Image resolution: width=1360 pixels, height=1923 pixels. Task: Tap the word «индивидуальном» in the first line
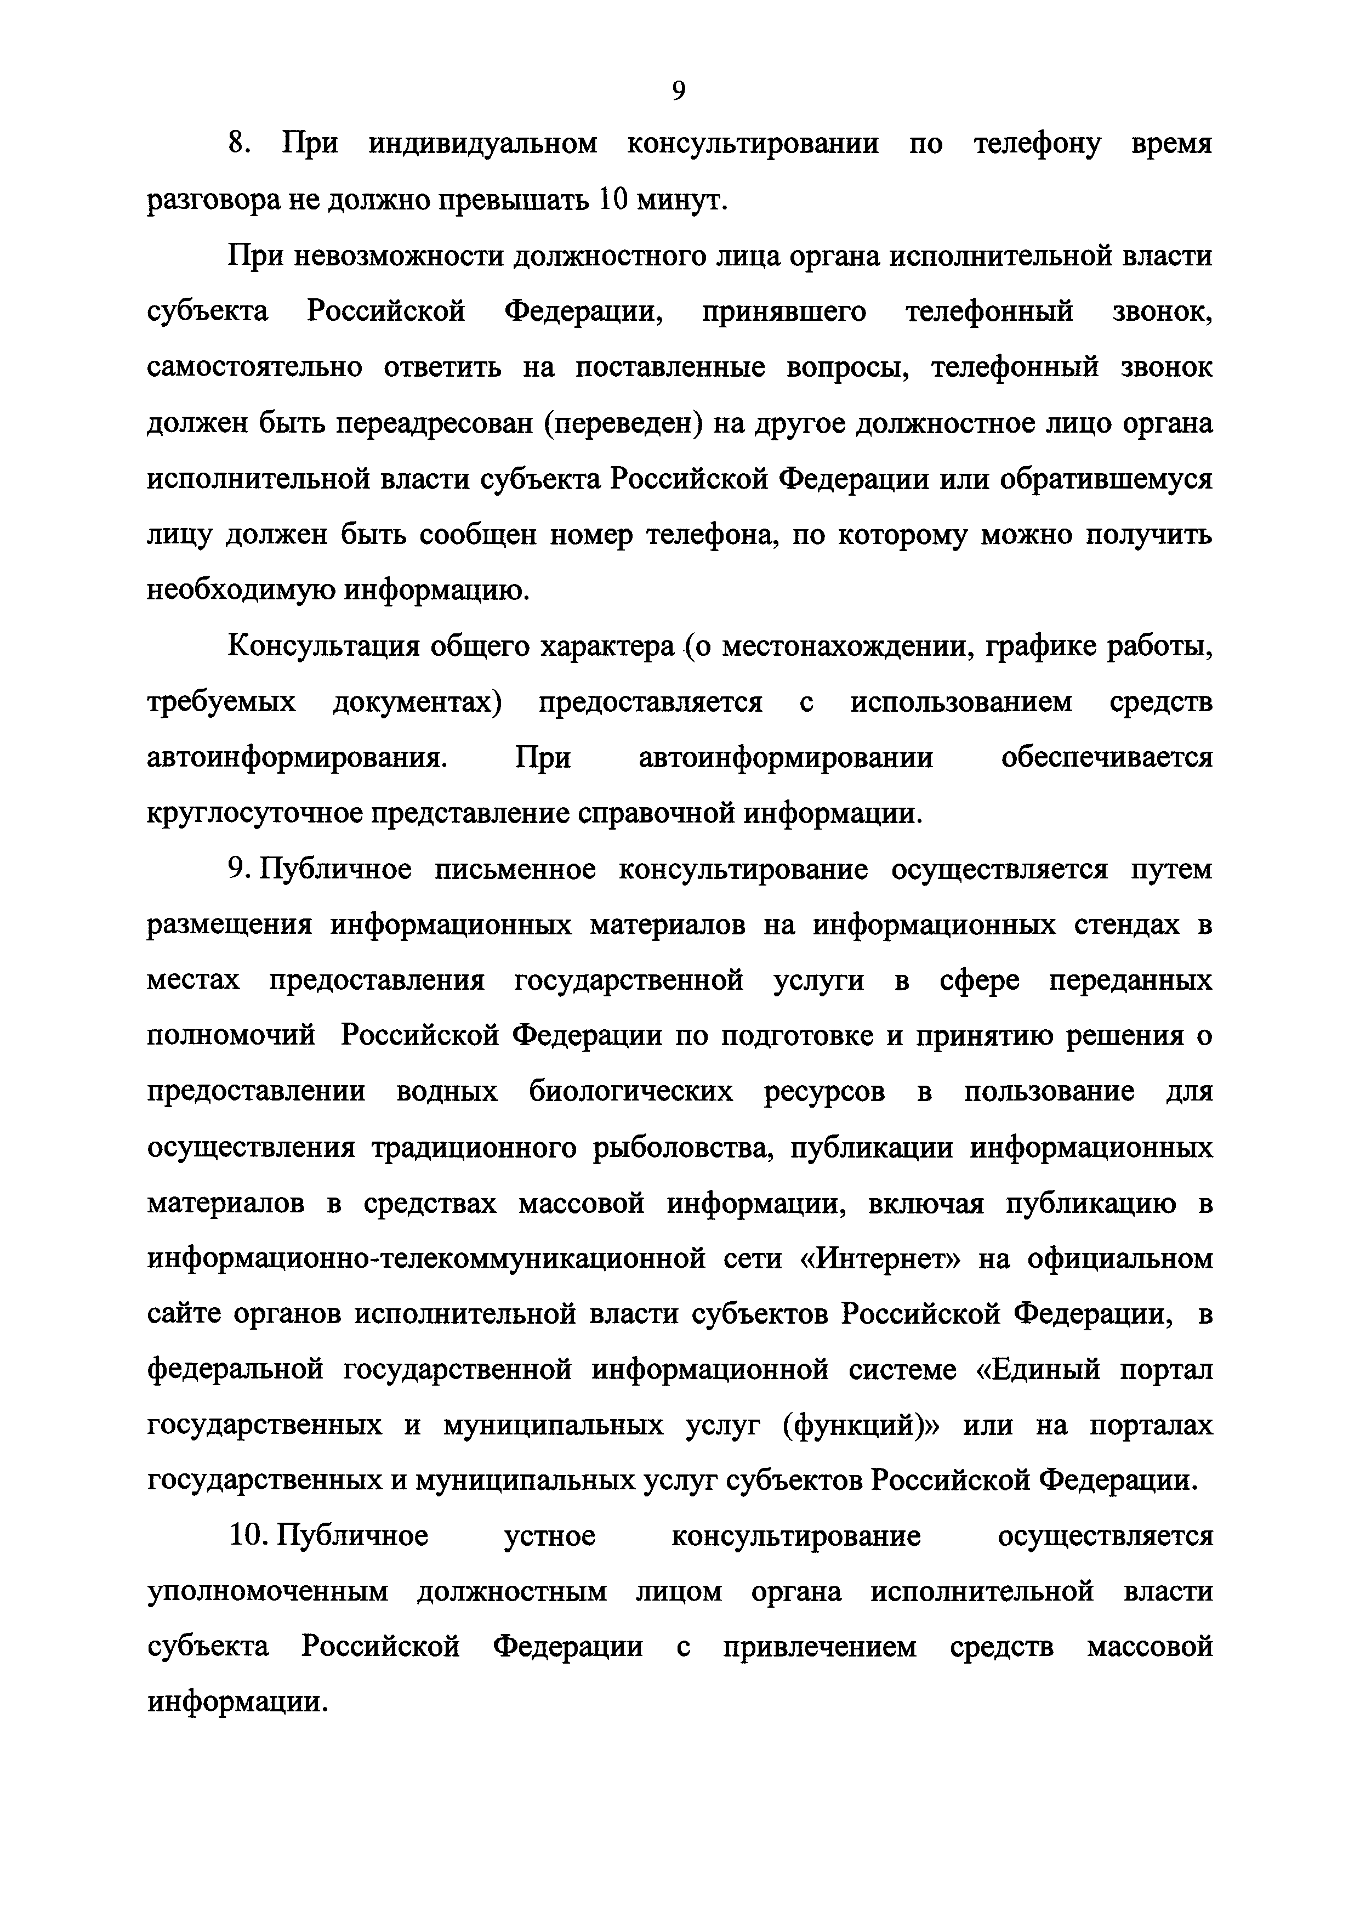(483, 144)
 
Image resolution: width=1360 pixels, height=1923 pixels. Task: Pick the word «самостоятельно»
(254, 368)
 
